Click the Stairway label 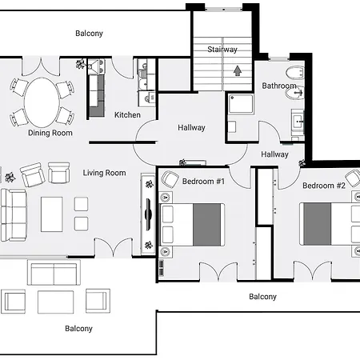pyautogui.click(x=222, y=50)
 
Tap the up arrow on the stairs pyautogui.click(x=238, y=71)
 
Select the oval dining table pyautogui.click(x=42, y=102)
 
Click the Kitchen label pyautogui.click(x=127, y=115)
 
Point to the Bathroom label pyautogui.click(x=279, y=86)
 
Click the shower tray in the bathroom pyautogui.click(x=241, y=104)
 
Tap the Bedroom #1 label pyautogui.click(x=203, y=182)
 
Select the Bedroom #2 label pyautogui.click(x=324, y=186)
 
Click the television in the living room pyautogui.click(x=148, y=214)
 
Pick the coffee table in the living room pyautogui.click(x=52, y=214)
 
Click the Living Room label pyautogui.click(x=104, y=173)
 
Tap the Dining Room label pyautogui.click(x=50, y=133)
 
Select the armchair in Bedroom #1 pyautogui.click(x=170, y=179)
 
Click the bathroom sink pyautogui.click(x=298, y=122)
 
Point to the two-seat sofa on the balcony pyautogui.click(x=54, y=273)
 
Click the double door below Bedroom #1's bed pyautogui.click(x=218, y=271)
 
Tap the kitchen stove pyautogui.click(x=96, y=66)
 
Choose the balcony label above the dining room pyautogui.click(x=89, y=34)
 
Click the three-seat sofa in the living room pyautogui.click(x=14, y=215)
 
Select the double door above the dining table pyautogui.click(x=41, y=66)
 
